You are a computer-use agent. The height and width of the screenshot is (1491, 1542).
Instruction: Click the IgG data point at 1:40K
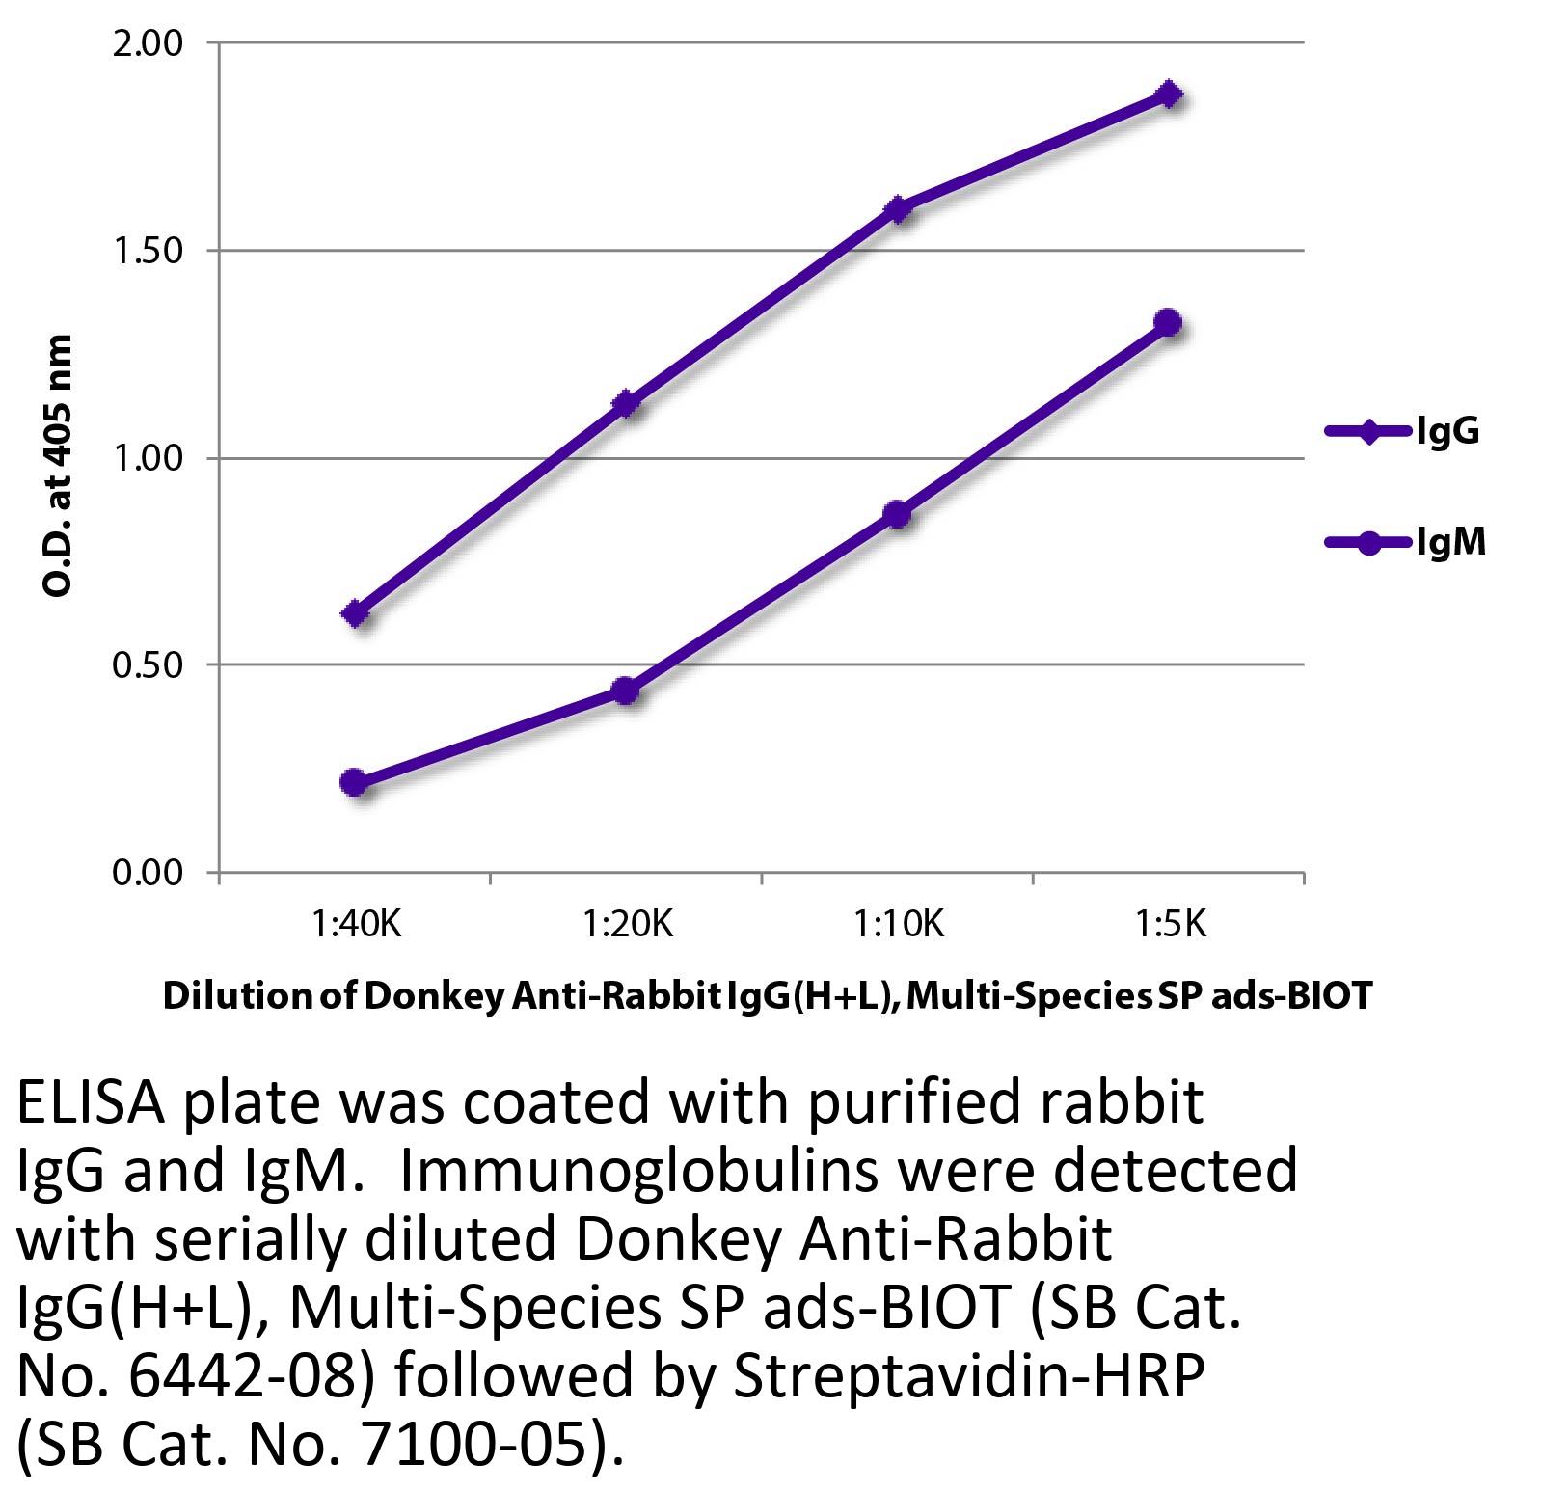pos(355,613)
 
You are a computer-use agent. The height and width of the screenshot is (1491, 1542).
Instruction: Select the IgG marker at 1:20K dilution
pos(626,403)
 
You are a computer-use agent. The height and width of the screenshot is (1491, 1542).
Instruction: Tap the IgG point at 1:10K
pos(898,209)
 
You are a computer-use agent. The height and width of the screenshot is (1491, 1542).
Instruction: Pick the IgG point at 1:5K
pos(1169,95)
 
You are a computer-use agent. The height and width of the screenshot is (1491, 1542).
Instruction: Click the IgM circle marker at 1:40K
pos(354,782)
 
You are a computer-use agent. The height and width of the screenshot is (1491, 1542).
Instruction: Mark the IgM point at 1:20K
pos(626,691)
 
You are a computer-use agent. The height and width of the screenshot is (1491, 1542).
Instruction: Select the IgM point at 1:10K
pos(898,514)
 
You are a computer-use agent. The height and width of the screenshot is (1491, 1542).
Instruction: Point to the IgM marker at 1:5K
pos(1169,322)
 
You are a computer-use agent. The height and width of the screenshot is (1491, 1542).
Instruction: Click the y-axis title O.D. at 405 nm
pos(59,465)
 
